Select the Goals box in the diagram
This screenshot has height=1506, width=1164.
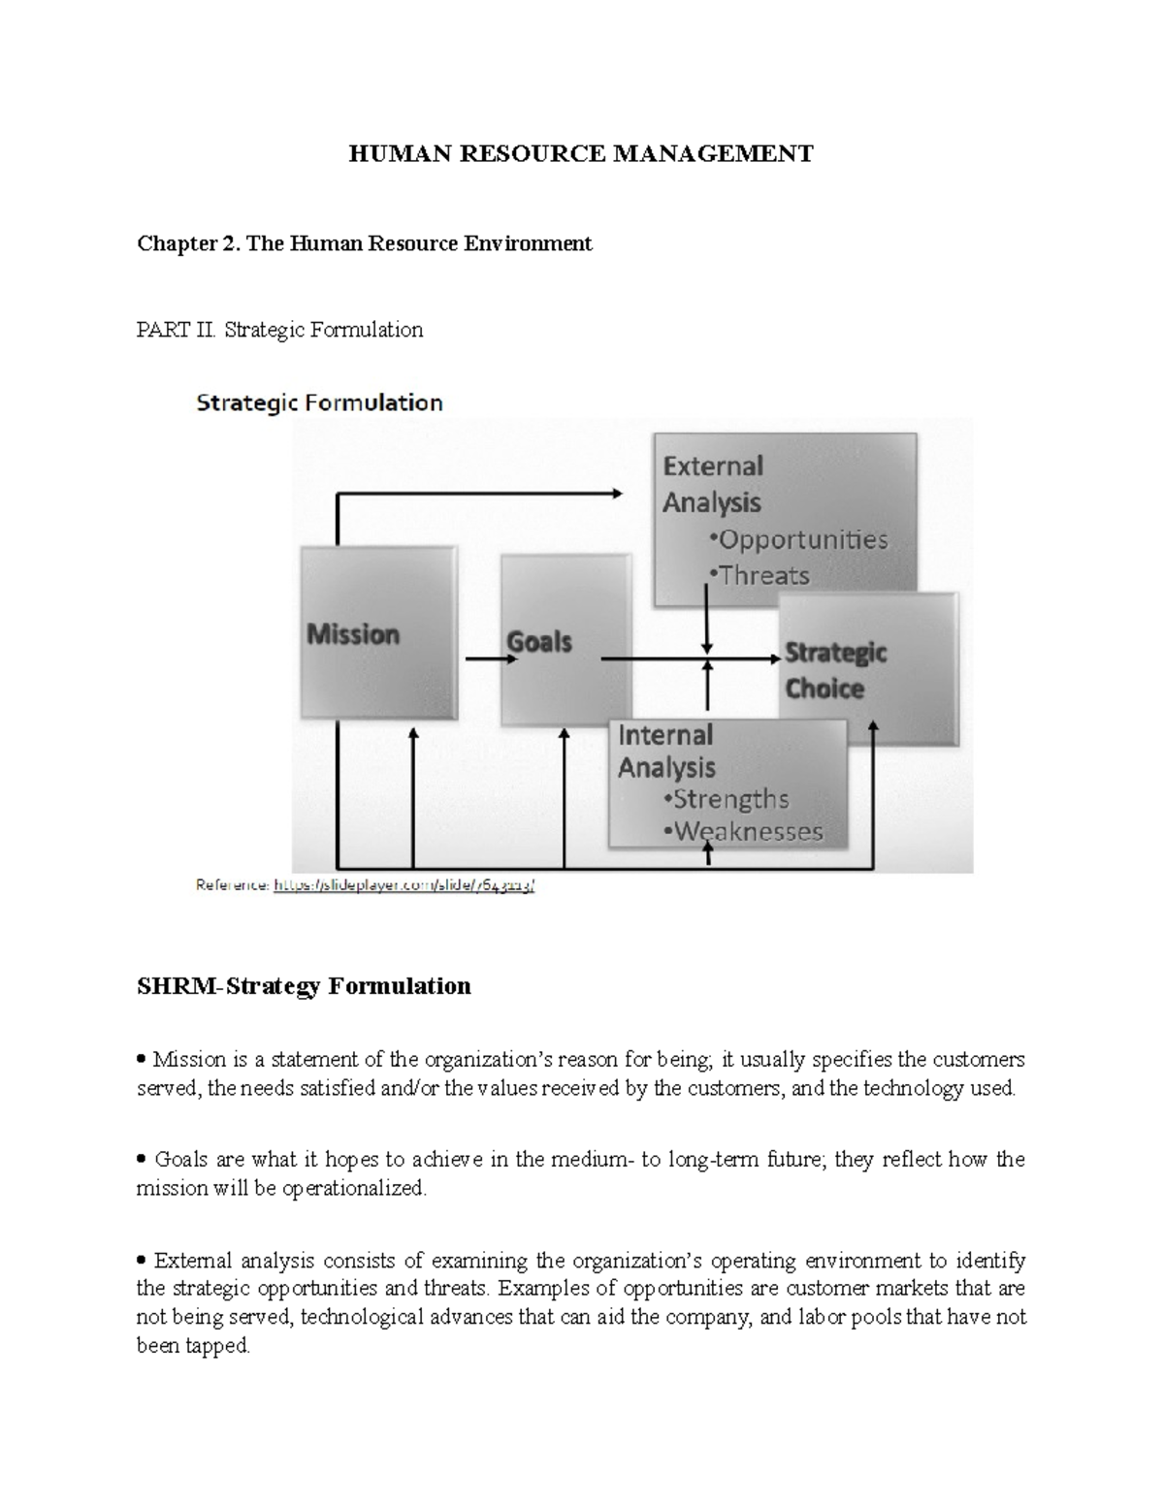[x=565, y=640]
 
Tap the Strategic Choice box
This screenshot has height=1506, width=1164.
[x=868, y=669]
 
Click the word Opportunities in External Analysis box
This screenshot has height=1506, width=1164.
[x=803, y=539]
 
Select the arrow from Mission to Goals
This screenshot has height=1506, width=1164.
[x=490, y=659]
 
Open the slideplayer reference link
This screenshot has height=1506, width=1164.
[x=404, y=885]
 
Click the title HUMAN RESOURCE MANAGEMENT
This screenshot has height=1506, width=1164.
[x=581, y=153]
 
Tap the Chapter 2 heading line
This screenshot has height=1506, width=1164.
[x=364, y=242]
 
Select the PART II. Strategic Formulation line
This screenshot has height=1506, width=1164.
[x=279, y=330]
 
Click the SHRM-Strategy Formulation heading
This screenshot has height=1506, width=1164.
[x=304, y=986]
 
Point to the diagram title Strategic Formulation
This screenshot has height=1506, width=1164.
[x=319, y=402]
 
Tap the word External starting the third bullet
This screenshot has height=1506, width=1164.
[x=193, y=1261]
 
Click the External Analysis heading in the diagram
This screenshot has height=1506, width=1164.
[x=713, y=484]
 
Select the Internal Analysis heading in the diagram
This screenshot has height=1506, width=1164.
[x=666, y=751]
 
